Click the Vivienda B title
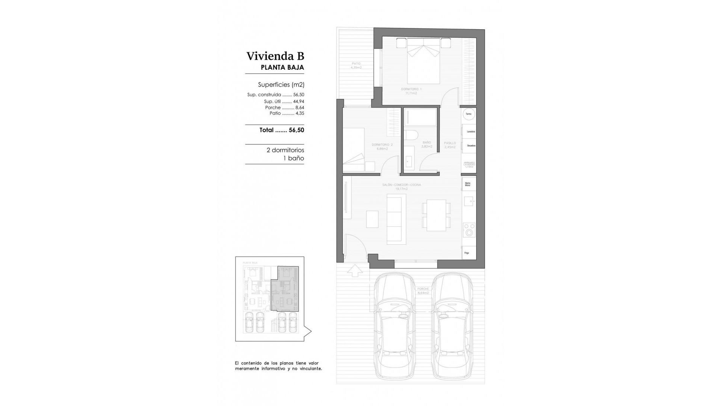click(x=275, y=56)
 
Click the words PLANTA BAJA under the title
click(x=282, y=68)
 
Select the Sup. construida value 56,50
click(x=299, y=95)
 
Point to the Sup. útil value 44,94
click(x=299, y=101)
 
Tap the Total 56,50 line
click(x=282, y=130)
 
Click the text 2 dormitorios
click(x=285, y=150)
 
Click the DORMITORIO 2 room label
click(x=382, y=145)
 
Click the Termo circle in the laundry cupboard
click(x=468, y=114)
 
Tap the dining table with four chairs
click(x=436, y=215)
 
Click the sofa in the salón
click(x=396, y=219)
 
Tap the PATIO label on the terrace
click(x=356, y=63)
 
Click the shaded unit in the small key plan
click(x=285, y=293)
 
